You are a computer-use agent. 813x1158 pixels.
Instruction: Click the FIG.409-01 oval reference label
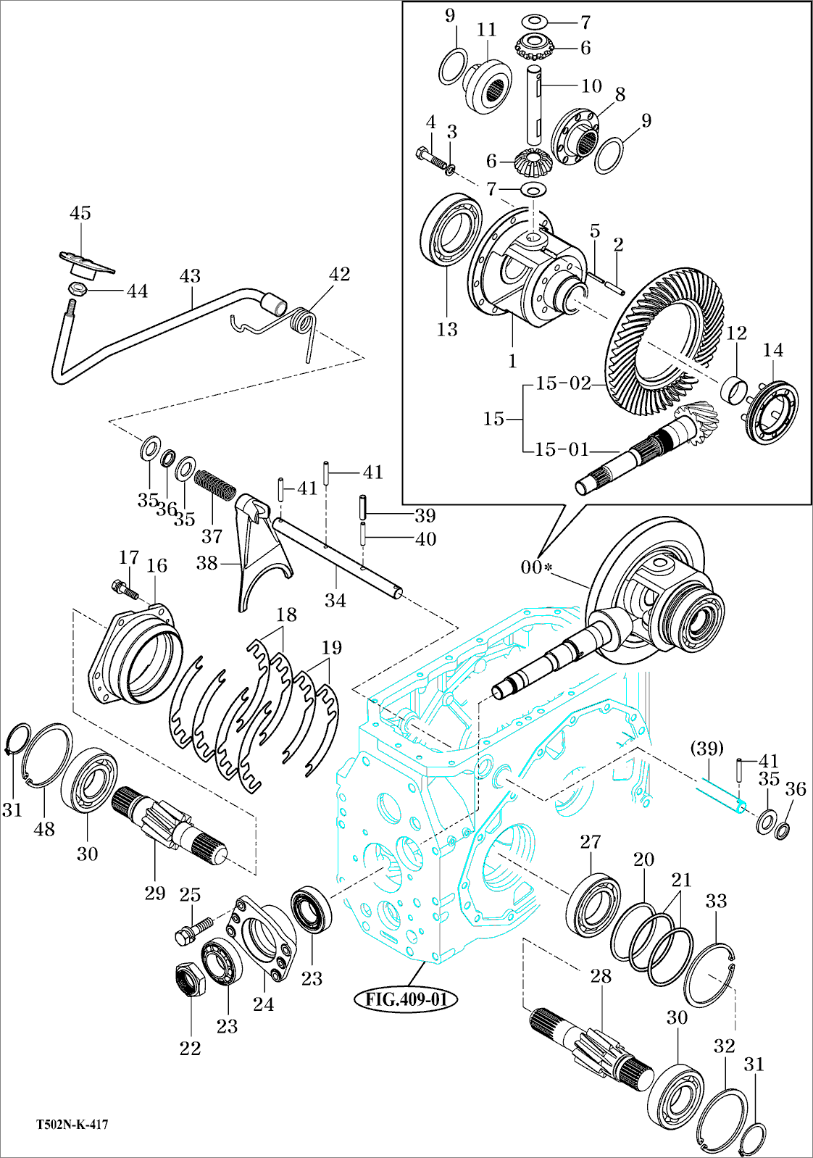pos(406,999)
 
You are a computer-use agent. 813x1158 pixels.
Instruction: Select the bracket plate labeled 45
pos(86,262)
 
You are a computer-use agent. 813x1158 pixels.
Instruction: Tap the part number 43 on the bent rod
pos(190,276)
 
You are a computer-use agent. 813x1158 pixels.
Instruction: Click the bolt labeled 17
pos(125,588)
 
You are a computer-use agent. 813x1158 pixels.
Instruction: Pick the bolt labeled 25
pos(193,930)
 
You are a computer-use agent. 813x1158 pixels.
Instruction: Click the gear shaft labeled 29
pos(167,827)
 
